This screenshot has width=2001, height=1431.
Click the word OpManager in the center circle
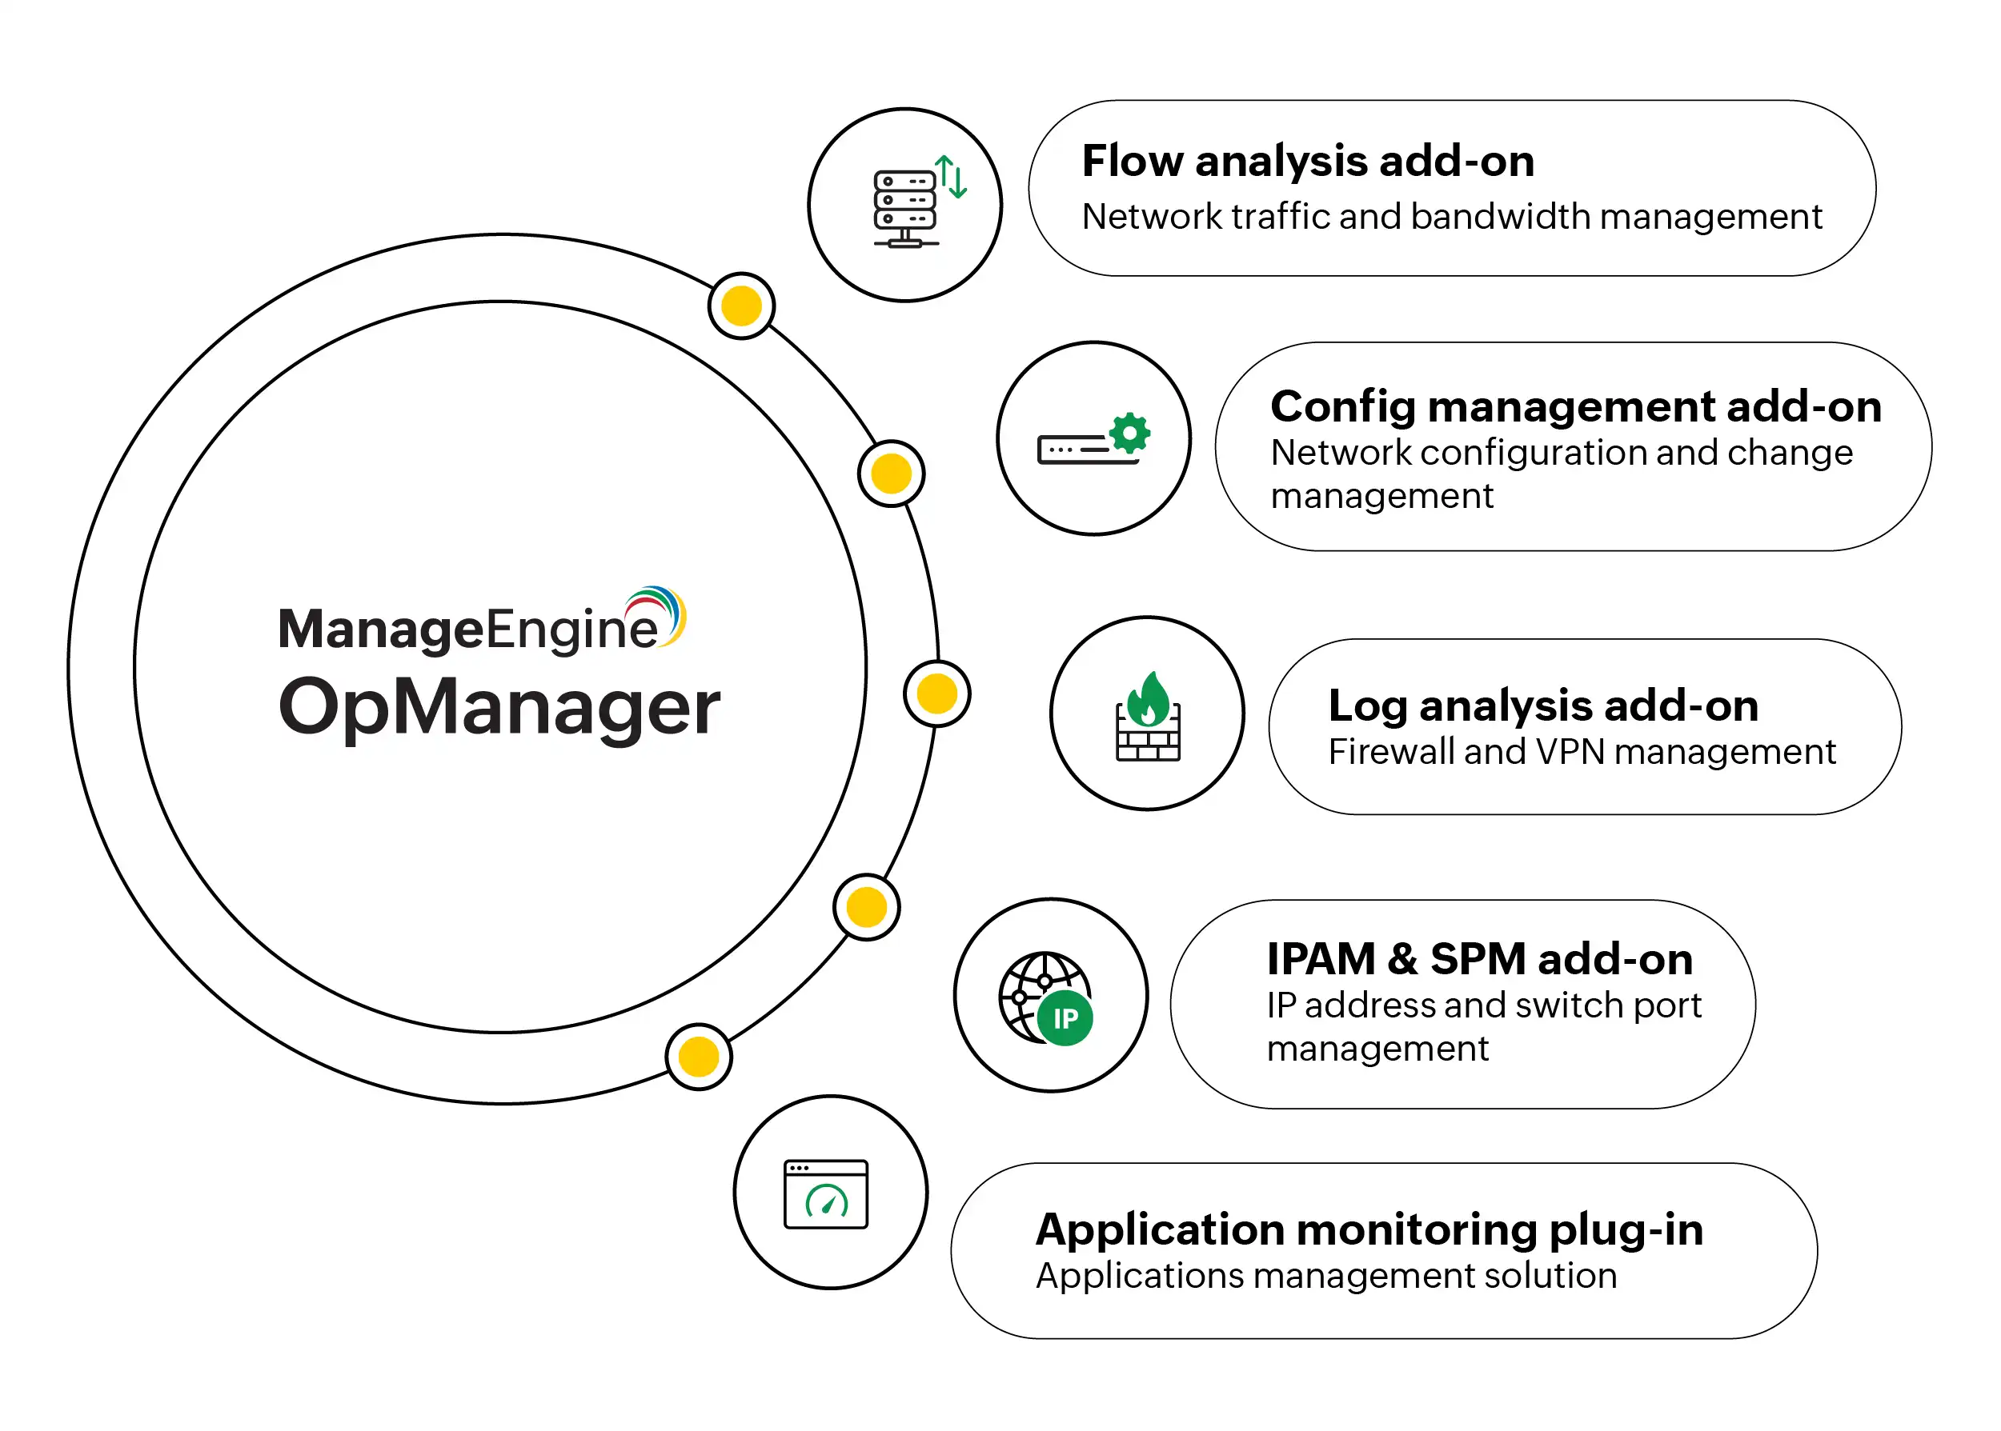click(499, 708)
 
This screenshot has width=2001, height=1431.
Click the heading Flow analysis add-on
click(1307, 162)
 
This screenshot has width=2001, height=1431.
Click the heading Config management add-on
click(1575, 407)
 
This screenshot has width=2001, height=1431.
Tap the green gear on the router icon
click(1129, 434)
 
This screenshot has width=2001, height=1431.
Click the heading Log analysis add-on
click(1542, 706)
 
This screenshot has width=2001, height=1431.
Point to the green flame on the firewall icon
click(1149, 701)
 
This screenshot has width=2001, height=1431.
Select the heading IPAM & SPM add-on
click(1479, 959)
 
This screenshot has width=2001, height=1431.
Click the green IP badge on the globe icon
click(1065, 1018)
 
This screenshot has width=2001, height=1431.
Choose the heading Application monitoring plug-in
click(1369, 1229)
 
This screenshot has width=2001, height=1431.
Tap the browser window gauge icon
click(826, 1194)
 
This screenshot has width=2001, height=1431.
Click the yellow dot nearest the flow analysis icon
click(741, 306)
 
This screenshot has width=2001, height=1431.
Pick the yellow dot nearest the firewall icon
click(937, 694)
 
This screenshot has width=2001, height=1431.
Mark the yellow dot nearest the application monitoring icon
click(699, 1057)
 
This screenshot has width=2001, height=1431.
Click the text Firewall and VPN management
click(1582, 753)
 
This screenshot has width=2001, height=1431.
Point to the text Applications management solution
click(1325, 1276)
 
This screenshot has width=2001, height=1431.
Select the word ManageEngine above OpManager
click(467, 630)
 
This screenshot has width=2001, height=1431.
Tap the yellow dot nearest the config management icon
click(891, 474)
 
